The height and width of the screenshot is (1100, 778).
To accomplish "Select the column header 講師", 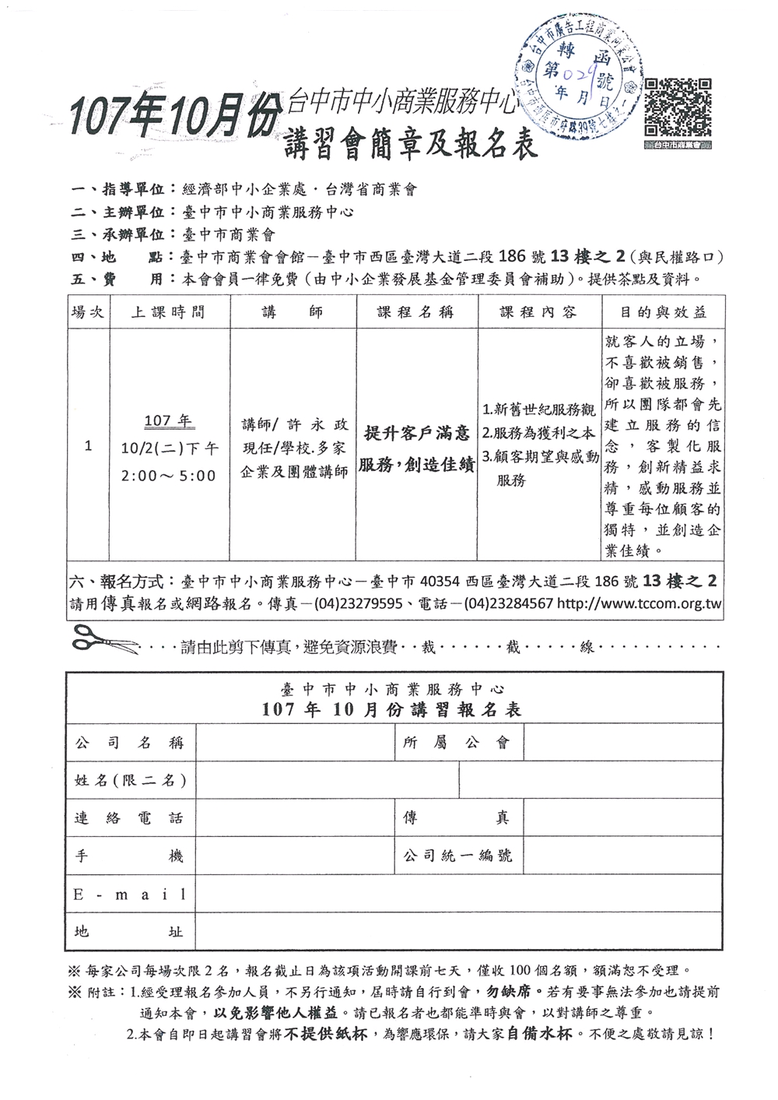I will click(x=293, y=312).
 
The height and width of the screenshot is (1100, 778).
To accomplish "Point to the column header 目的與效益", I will click(x=663, y=312).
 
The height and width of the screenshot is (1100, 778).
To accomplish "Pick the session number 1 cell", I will click(x=88, y=446).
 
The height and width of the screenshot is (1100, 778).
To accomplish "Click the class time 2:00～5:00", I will click(x=168, y=475).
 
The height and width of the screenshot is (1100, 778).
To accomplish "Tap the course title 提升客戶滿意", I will click(x=417, y=433).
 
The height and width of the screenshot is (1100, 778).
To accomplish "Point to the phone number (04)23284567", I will click(x=497, y=603).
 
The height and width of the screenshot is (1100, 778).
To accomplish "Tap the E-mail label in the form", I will click(x=129, y=894).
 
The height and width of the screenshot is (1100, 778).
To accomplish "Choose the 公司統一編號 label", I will click(x=457, y=856).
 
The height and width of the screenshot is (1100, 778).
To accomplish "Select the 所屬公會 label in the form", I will click(x=457, y=743).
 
